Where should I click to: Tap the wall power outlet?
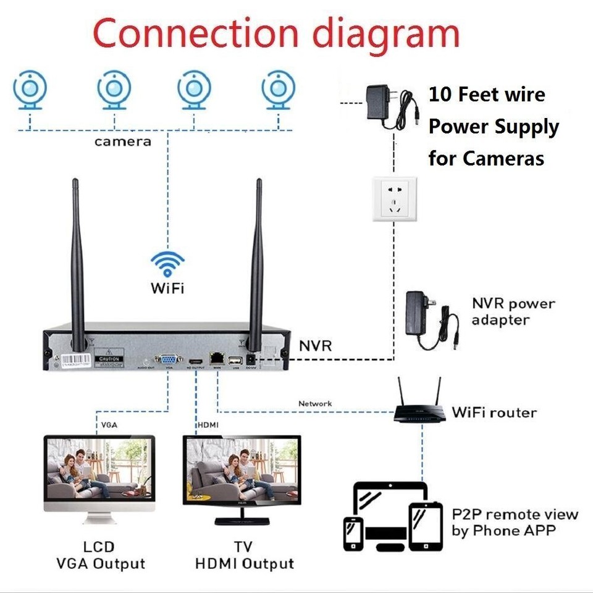[395, 199]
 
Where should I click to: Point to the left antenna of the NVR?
[78, 259]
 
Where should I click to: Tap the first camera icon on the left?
[30, 90]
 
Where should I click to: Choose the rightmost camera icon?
[278, 90]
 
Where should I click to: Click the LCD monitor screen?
[99, 469]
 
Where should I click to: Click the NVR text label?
[316, 345]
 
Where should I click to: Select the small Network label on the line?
[315, 403]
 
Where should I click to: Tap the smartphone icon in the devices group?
[353, 533]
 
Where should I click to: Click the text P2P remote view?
[515, 515]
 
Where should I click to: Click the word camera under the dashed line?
[122, 141]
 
